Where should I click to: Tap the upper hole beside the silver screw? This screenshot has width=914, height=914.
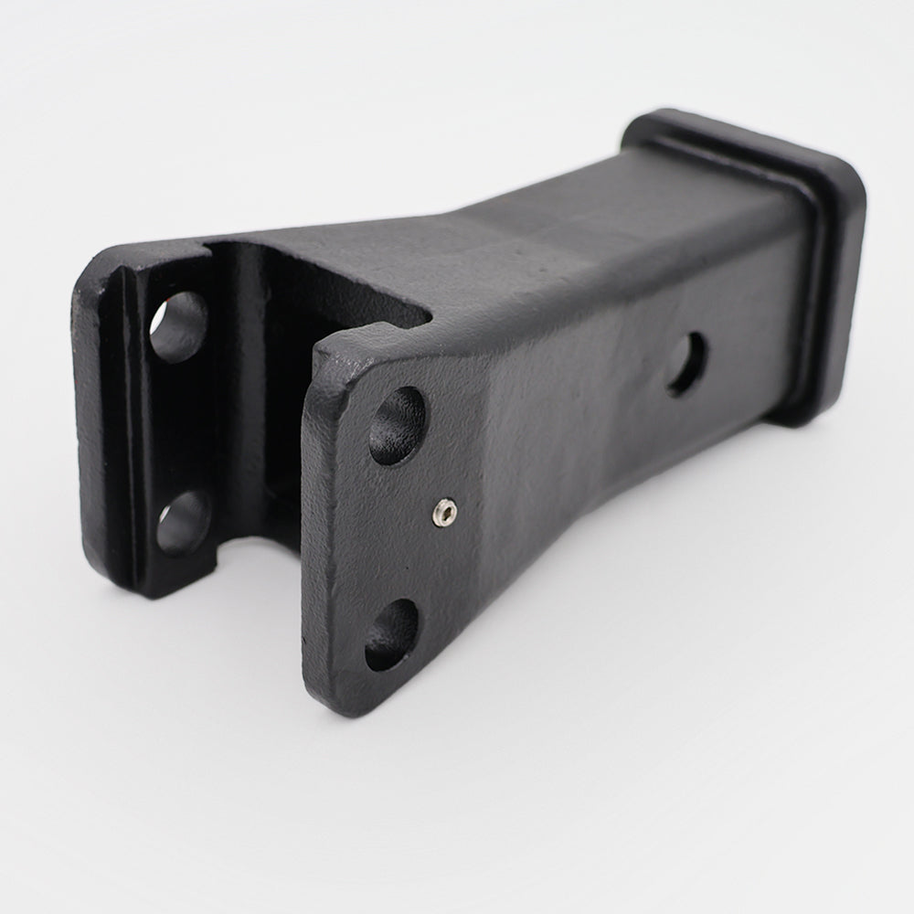pos(398,425)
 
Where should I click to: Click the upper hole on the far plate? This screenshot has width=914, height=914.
pos(178,326)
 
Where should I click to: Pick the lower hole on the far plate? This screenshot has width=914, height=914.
pos(184,523)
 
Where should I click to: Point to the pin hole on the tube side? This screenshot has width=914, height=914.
pos(686,364)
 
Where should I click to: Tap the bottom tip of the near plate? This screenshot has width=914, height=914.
pos(334,699)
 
